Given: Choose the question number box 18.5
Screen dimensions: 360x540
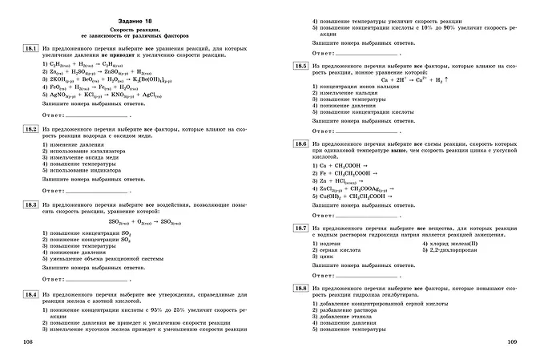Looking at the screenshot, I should point(301,66).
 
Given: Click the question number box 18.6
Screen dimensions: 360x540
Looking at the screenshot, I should point(301,144).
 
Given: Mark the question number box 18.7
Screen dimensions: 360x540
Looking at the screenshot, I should point(301,229).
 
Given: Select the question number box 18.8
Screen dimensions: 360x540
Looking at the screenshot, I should point(301,287).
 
